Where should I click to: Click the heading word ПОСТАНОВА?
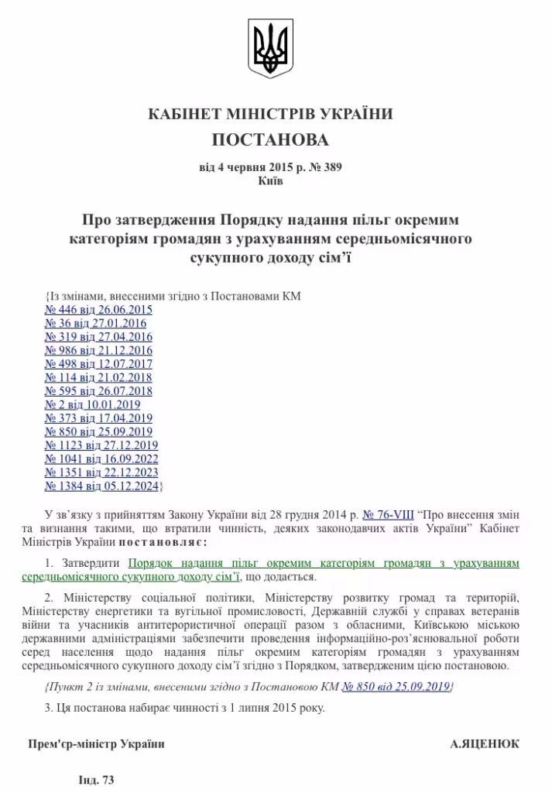click(x=270, y=140)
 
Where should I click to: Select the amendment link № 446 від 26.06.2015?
click(x=98, y=310)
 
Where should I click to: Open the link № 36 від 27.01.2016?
click(x=95, y=323)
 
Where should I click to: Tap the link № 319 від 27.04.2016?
click(x=98, y=337)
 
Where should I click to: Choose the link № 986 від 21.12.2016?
click(x=98, y=350)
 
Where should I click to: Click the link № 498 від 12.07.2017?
click(x=98, y=364)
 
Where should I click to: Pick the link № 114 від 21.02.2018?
click(x=98, y=377)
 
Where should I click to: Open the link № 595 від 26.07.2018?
click(x=98, y=391)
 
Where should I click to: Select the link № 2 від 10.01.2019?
click(x=92, y=404)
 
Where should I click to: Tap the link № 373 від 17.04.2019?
click(x=98, y=418)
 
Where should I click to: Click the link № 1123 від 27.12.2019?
click(x=101, y=445)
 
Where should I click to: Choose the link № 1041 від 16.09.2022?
click(x=101, y=458)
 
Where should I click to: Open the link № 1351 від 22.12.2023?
click(x=101, y=472)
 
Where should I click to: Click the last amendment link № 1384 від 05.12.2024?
click(x=101, y=486)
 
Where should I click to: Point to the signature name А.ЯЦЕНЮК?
click(x=485, y=743)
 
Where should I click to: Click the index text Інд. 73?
click(x=96, y=780)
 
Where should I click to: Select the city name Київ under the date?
click(x=270, y=181)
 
